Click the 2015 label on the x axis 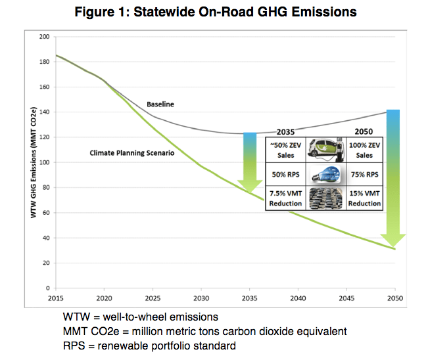click(56, 298)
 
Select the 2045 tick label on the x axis click(346, 298)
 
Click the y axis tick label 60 click(45, 213)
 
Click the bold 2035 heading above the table click(286, 131)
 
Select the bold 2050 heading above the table click(364, 131)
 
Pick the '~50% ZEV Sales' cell click(285, 150)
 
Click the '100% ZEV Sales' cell click(364, 150)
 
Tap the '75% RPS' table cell click(364, 175)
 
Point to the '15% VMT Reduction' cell click(364, 198)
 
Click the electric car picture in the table click(325, 150)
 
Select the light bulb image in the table click(325, 175)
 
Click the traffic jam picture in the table click(325, 198)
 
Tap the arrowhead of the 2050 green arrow click(393, 240)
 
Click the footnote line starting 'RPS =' click(149, 345)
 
